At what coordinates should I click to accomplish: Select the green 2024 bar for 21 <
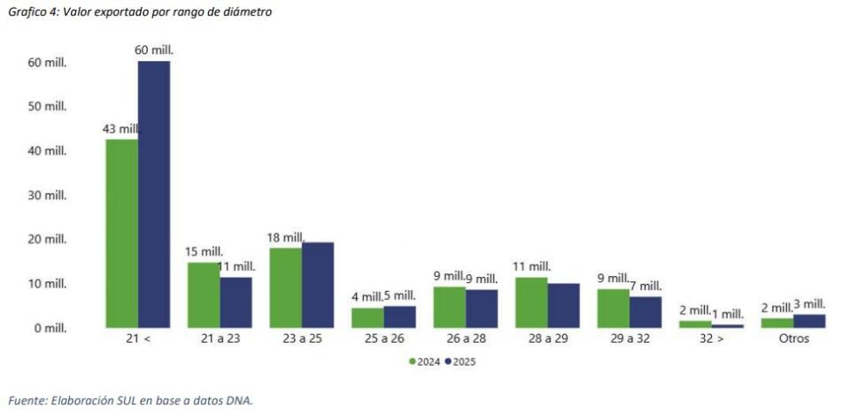coord(121,234)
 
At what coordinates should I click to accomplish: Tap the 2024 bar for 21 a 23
coord(204,295)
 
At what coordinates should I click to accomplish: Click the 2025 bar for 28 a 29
coord(563,305)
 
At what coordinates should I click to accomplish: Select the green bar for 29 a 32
coord(613,308)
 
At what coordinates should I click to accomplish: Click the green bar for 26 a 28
coord(449,307)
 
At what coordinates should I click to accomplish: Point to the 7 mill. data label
coord(645,286)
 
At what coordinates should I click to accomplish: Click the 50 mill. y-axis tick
coord(50,107)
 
